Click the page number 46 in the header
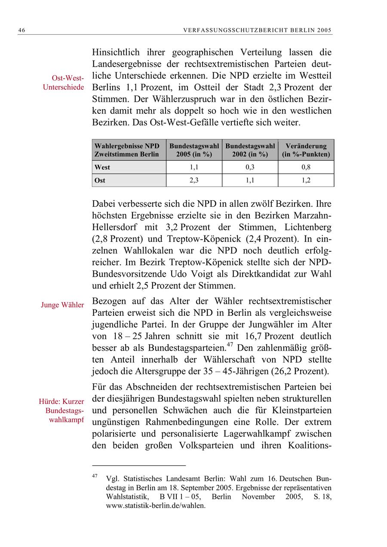click(21, 31)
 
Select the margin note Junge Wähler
click(62, 305)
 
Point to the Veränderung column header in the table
click(306, 150)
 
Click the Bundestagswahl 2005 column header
click(194, 150)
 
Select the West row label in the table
click(102, 167)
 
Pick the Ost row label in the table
click(100, 180)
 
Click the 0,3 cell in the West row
click(250, 167)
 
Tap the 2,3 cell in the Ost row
click(194, 180)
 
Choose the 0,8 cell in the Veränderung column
click(306, 167)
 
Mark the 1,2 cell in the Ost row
click(306, 180)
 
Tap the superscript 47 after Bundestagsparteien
click(230, 345)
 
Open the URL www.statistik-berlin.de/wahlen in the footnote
click(156, 506)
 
